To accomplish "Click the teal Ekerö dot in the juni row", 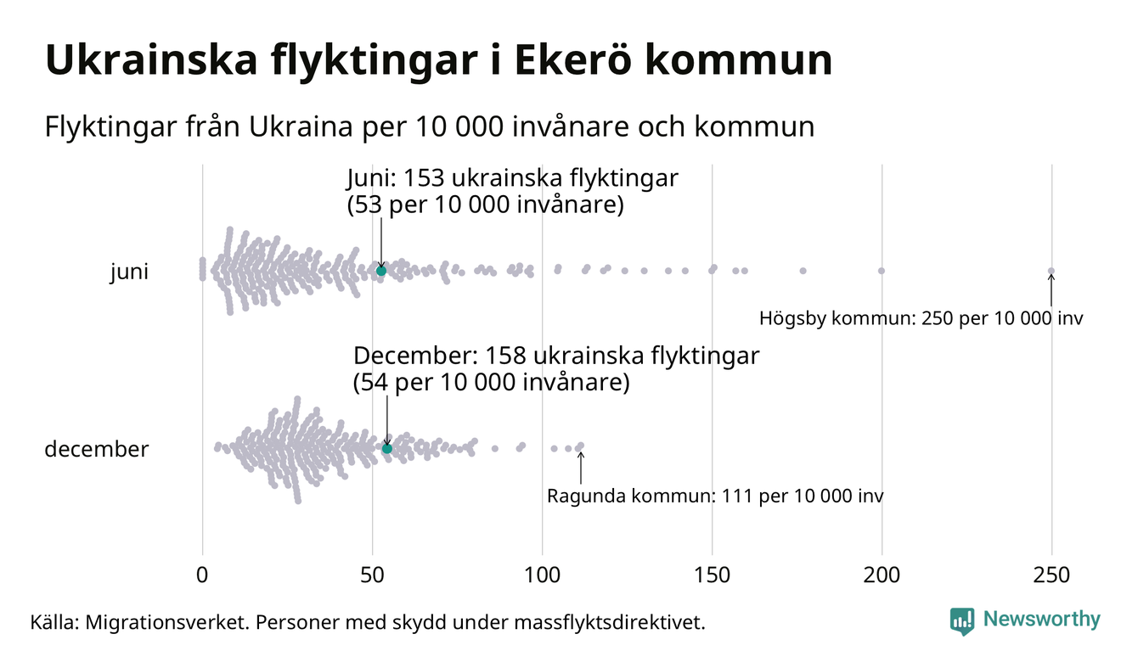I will [381, 270].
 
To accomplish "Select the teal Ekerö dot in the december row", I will [387, 448].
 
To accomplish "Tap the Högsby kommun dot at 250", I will [1051, 272].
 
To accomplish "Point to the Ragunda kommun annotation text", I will [714, 496].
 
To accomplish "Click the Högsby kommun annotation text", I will [921, 319].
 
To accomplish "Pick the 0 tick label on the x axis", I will [202, 575].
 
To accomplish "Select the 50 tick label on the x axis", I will [372, 575].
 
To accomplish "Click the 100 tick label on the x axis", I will [542, 575].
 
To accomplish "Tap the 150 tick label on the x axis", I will [712, 575].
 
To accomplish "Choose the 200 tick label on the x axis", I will [882, 575].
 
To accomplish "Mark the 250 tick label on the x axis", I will [1051, 575].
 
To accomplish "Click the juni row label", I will [129, 272].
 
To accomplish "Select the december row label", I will [96, 449].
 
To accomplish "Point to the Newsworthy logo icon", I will [962, 620].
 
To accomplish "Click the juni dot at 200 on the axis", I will [882, 271].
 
